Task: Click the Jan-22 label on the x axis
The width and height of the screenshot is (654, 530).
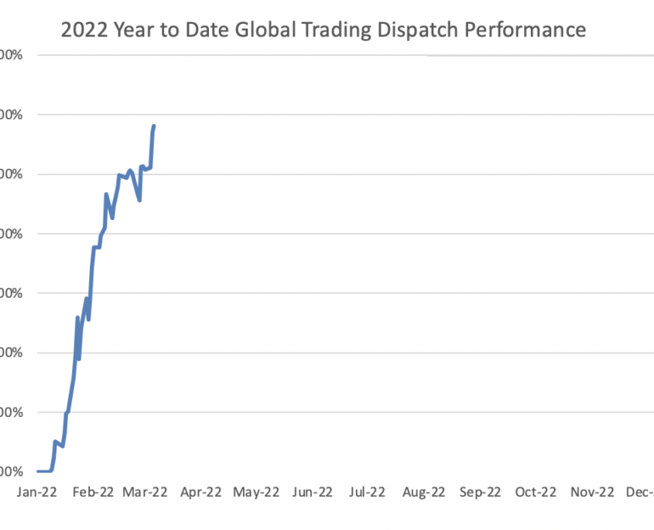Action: (x=36, y=491)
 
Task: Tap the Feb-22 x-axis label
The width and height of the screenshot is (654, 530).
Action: (x=94, y=491)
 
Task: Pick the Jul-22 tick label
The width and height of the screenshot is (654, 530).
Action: (x=367, y=491)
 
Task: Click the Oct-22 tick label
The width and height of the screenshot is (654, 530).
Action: (x=536, y=491)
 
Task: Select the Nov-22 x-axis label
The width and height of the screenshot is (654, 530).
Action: (x=593, y=491)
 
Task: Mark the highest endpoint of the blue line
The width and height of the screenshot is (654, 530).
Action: (x=154, y=126)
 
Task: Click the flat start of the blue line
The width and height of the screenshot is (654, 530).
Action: (x=43, y=470)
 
